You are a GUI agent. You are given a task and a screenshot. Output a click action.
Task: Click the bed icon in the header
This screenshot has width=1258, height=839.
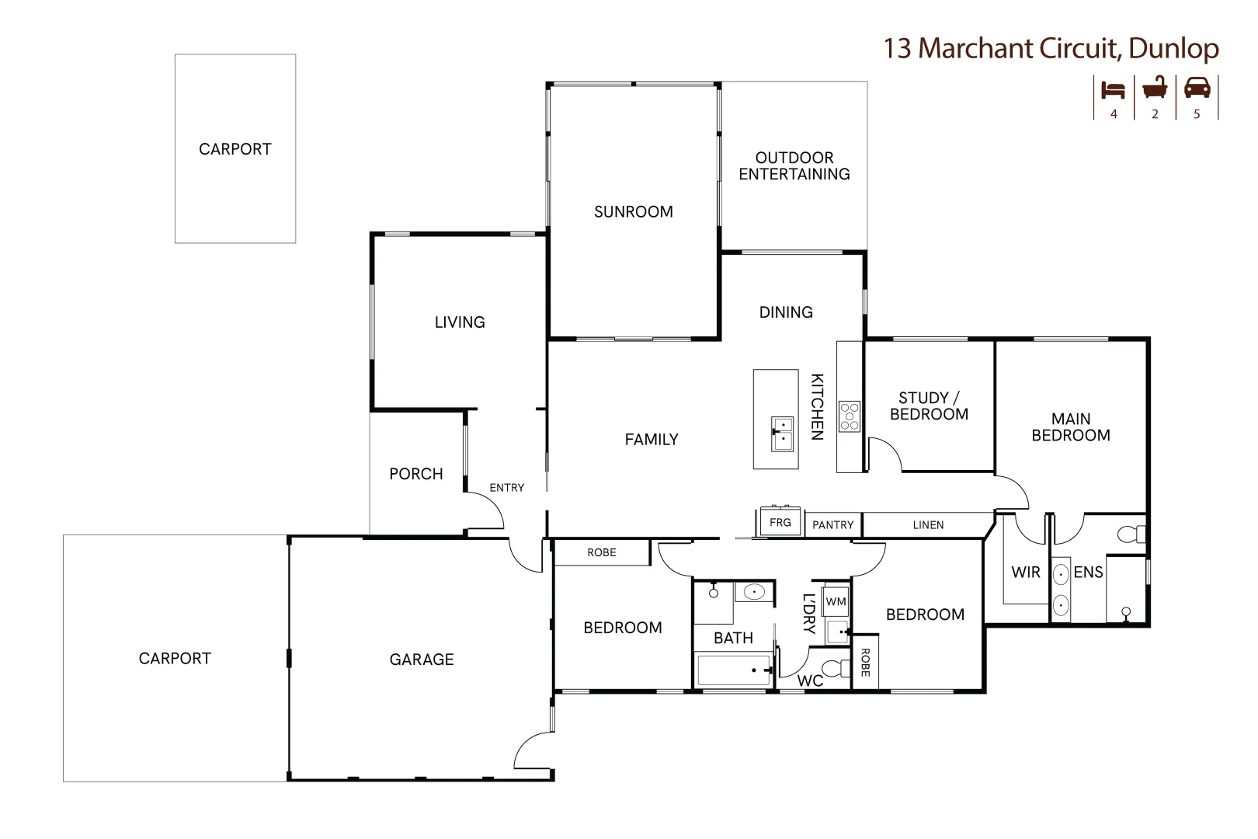(1113, 90)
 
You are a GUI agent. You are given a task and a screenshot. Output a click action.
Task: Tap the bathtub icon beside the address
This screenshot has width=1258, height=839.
(1155, 88)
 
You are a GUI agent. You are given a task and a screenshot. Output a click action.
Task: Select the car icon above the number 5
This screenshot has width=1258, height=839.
(1197, 88)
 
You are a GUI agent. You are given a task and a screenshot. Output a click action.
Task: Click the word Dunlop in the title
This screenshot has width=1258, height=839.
(1174, 49)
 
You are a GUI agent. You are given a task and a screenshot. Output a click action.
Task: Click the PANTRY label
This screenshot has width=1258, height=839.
(833, 525)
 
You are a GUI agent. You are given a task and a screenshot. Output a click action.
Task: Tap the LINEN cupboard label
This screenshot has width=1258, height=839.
(928, 525)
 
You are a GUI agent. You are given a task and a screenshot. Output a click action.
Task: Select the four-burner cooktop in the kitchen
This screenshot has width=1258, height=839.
(850, 416)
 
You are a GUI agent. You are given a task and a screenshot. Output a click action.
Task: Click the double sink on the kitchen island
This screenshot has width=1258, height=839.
(782, 433)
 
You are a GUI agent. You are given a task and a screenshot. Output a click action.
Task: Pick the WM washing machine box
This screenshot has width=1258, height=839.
(836, 601)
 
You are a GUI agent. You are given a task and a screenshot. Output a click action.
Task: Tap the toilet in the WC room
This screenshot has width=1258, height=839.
(839, 669)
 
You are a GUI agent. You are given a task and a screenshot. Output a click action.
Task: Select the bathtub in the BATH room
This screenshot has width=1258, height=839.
(733, 670)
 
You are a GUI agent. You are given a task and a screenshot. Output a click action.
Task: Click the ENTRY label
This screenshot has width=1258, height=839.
(506, 488)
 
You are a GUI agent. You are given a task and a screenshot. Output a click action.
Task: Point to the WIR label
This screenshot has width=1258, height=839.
(1026, 572)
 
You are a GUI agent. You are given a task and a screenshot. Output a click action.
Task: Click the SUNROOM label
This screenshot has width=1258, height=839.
(634, 212)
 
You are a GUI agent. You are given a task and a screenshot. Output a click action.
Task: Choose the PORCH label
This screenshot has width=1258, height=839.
(416, 474)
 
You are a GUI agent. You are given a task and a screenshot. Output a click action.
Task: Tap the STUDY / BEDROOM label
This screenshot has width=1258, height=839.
(930, 406)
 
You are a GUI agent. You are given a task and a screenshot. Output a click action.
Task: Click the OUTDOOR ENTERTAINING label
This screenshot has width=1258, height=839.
(794, 165)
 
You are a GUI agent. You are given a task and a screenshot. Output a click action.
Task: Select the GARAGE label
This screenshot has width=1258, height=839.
(422, 660)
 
